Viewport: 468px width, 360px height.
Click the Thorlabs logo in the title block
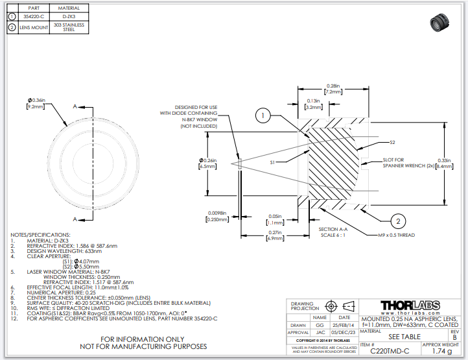(x=410, y=306)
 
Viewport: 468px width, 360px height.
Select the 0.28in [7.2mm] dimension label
(x=333, y=89)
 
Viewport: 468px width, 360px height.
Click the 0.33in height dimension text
(x=445, y=163)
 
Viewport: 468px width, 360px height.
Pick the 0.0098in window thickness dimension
(x=216, y=216)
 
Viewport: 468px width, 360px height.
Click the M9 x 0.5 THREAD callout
(x=396, y=235)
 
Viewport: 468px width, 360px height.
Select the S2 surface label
(x=392, y=141)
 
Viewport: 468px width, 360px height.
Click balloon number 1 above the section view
(x=262, y=117)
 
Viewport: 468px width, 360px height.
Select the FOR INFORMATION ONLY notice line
(x=143, y=339)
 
